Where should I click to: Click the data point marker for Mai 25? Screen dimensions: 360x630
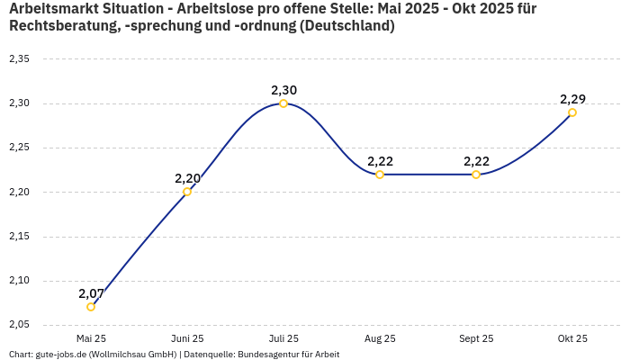(x=91, y=307)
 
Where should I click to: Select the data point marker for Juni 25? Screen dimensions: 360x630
(x=187, y=192)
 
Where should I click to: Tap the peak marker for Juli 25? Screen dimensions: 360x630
(x=283, y=103)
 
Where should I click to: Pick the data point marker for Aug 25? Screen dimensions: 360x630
(x=380, y=175)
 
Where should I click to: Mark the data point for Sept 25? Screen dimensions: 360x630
(x=476, y=175)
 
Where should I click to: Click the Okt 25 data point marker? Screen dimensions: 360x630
(x=572, y=112)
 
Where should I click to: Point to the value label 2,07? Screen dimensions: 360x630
(x=91, y=293)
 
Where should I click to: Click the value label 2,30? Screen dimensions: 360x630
(x=283, y=90)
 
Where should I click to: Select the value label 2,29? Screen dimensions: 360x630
(x=572, y=99)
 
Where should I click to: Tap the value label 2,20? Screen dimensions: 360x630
(x=187, y=178)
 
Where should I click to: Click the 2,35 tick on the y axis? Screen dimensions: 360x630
(x=19, y=59)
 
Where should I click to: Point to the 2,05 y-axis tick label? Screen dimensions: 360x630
(x=19, y=324)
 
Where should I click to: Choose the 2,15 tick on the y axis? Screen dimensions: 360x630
(x=19, y=236)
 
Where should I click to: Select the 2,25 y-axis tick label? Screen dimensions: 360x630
(x=19, y=148)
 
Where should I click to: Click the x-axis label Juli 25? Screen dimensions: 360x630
(x=283, y=338)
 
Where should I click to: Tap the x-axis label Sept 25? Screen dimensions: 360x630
(x=476, y=338)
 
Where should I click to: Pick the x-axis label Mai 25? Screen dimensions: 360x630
(x=91, y=338)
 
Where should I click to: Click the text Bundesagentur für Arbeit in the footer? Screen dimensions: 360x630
(x=288, y=355)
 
